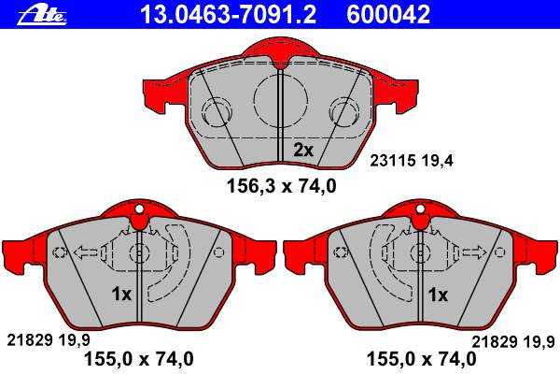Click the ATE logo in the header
tap(42, 16)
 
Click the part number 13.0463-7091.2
tap(228, 14)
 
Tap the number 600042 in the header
tap(388, 14)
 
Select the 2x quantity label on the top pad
tap(302, 150)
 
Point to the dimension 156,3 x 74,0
tap(282, 186)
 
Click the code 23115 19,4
tap(411, 160)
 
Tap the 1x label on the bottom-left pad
tap(121, 295)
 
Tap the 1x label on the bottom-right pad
tap(438, 295)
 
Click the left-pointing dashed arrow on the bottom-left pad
tap(85, 252)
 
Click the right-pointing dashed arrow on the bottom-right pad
tap(474, 252)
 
